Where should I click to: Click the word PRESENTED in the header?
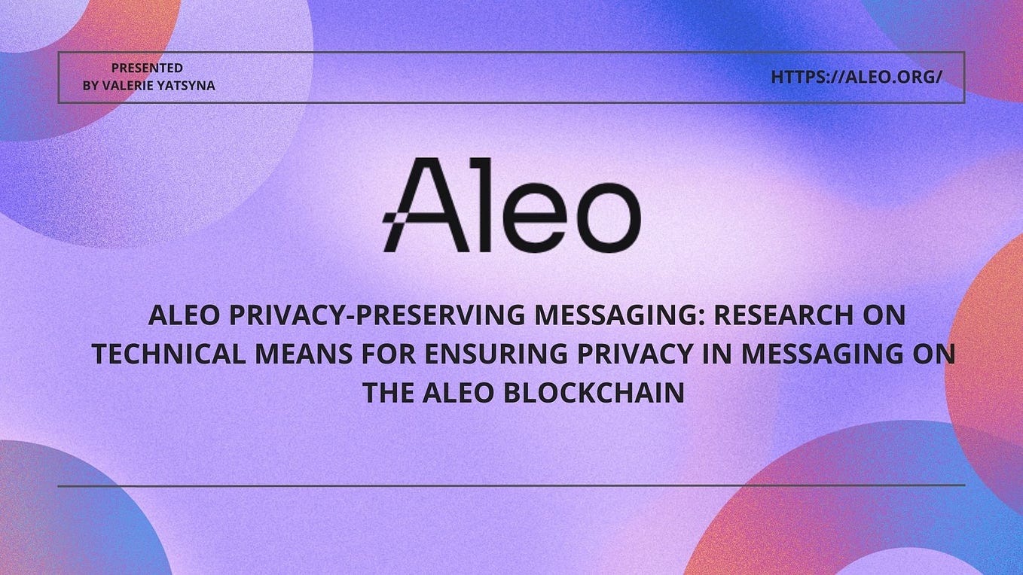(x=147, y=68)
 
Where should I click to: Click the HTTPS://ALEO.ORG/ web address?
(x=857, y=77)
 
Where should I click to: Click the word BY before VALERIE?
(x=90, y=86)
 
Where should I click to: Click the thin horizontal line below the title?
(x=511, y=485)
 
